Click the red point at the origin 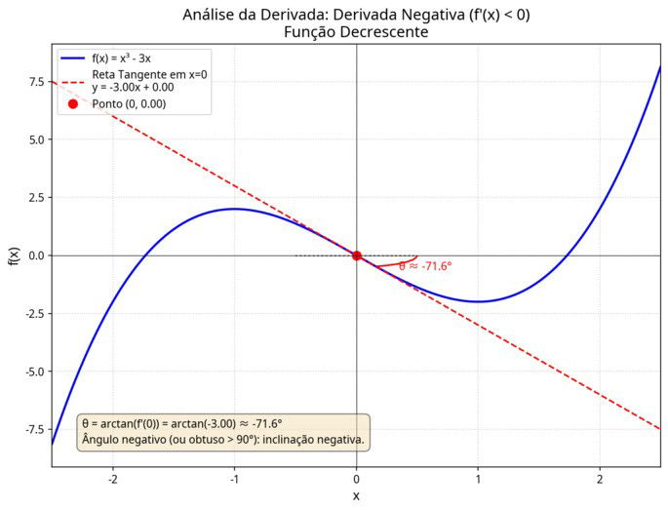[x=356, y=255]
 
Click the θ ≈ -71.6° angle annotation [x=426, y=265]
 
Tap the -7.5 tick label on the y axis [x=32, y=429]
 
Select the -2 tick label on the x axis [x=112, y=480]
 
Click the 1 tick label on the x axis [x=478, y=480]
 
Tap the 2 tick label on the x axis [x=600, y=480]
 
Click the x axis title [x=356, y=496]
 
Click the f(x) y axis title [x=13, y=256]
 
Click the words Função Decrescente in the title [x=357, y=32]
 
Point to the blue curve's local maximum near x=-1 [x=234, y=209]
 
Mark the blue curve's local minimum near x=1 [x=478, y=301]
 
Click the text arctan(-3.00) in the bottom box [x=203, y=424]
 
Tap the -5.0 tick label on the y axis [x=32, y=372]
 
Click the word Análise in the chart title [x=209, y=15]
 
